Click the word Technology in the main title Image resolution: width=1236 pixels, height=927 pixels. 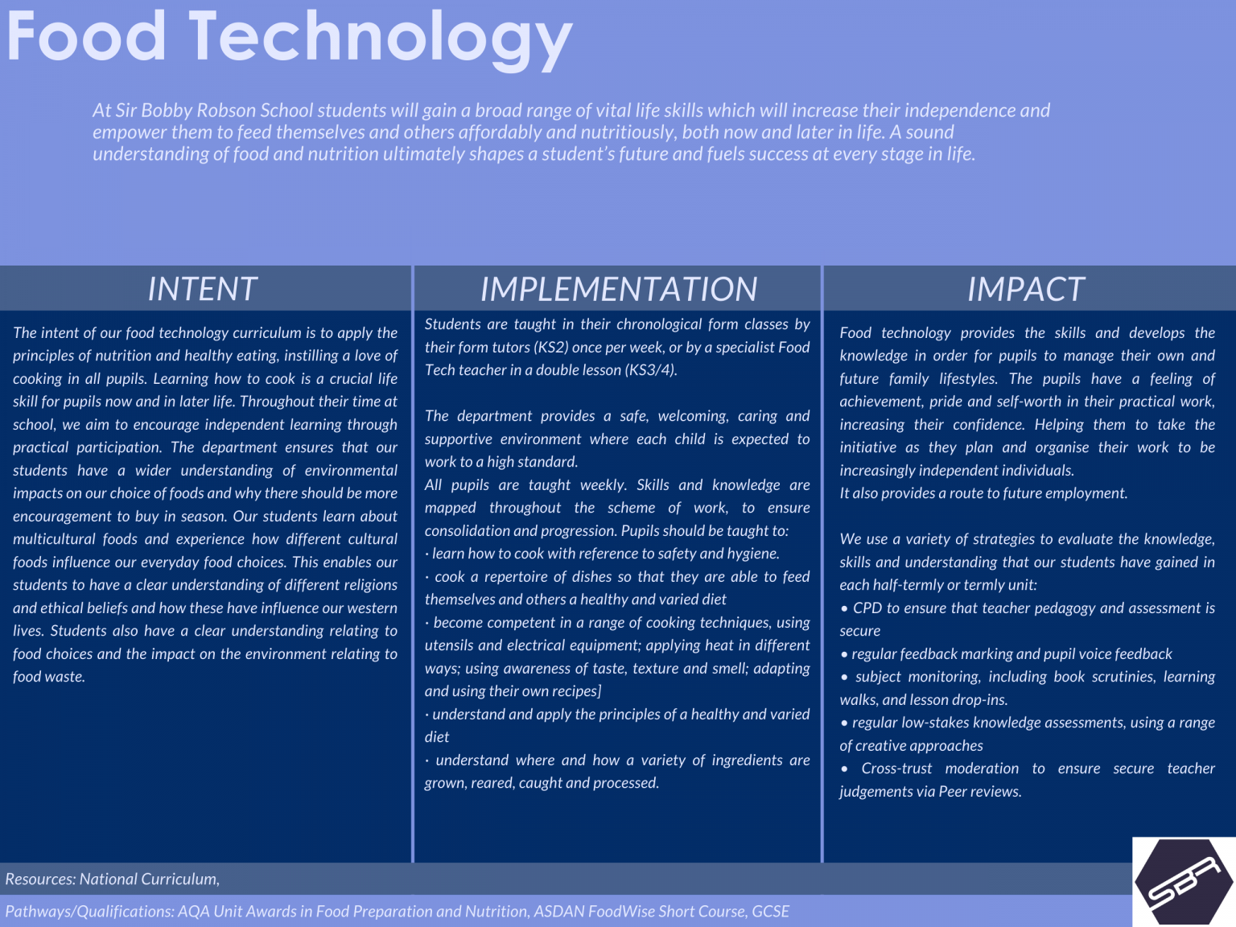click(381, 39)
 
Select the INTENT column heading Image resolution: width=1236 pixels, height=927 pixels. click(202, 289)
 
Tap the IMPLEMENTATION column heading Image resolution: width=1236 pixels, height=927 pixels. click(618, 289)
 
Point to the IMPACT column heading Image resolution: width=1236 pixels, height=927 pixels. click(1026, 289)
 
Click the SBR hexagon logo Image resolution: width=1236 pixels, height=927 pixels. click(1183, 882)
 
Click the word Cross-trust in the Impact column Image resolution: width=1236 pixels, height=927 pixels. click(896, 768)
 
